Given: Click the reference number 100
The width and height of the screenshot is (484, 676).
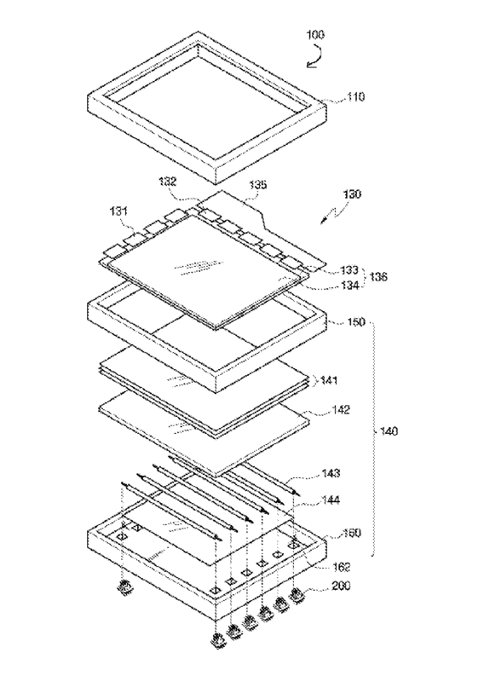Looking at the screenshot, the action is pos(315,34).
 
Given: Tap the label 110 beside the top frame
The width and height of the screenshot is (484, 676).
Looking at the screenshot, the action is pos(356,96).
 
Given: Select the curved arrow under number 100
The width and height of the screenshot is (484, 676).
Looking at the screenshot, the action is pos(315,55).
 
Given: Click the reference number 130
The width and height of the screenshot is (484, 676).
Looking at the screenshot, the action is pos(352,194).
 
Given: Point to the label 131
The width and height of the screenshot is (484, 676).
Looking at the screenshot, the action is pos(118,211).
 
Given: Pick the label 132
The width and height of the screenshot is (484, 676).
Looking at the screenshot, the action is pos(166,181).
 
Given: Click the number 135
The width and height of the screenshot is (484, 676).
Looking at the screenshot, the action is pos(257,184).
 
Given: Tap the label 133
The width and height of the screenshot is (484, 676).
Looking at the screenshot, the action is pos(349,270).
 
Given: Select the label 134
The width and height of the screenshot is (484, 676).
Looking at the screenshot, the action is pos(349,285).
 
